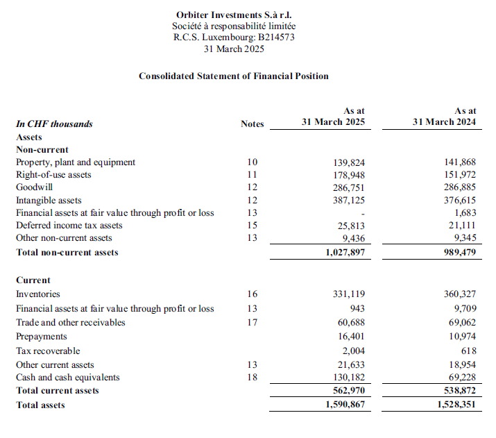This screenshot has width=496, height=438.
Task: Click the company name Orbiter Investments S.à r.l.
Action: click(234, 14)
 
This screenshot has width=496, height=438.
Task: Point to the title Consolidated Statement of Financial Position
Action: click(234, 76)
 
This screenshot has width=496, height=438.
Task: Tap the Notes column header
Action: click(253, 124)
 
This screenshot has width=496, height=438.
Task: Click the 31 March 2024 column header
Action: click(444, 122)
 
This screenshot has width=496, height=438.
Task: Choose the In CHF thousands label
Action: click(54, 124)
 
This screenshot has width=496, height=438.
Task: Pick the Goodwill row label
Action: click(35, 187)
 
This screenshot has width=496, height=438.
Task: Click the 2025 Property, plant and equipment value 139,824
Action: click(350, 162)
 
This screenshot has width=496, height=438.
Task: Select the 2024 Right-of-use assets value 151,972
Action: click(460, 175)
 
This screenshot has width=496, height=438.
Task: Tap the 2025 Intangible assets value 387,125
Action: click(350, 200)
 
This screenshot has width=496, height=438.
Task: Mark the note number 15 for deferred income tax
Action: click(253, 225)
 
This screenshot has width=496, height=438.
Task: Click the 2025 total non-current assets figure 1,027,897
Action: click(345, 252)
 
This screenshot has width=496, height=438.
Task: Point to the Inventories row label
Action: click(38, 294)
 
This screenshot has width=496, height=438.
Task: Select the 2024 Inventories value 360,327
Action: click(460, 294)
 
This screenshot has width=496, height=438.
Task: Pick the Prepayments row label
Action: click(41, 337)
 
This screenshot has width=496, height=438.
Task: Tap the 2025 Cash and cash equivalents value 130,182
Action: click(350, 378)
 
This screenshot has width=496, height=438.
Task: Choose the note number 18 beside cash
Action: click(253, 378)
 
